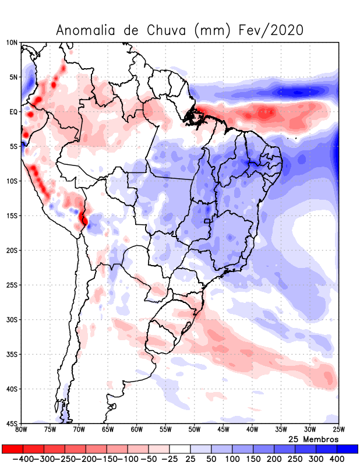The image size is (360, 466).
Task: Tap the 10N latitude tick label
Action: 12,43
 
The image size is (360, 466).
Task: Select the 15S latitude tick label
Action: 12,216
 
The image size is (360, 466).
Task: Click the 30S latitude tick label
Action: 12,320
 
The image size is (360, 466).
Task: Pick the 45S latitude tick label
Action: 12,423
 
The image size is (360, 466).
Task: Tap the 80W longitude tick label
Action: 22,430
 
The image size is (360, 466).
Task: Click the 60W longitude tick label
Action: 137,430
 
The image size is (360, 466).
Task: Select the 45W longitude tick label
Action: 223,430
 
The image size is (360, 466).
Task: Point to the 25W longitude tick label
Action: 338,430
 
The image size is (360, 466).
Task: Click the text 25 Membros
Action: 313,439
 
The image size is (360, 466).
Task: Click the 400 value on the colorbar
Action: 337,459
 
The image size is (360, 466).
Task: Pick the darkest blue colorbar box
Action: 348,449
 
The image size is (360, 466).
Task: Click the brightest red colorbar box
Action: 12,449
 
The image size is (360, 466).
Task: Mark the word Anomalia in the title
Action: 86,30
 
